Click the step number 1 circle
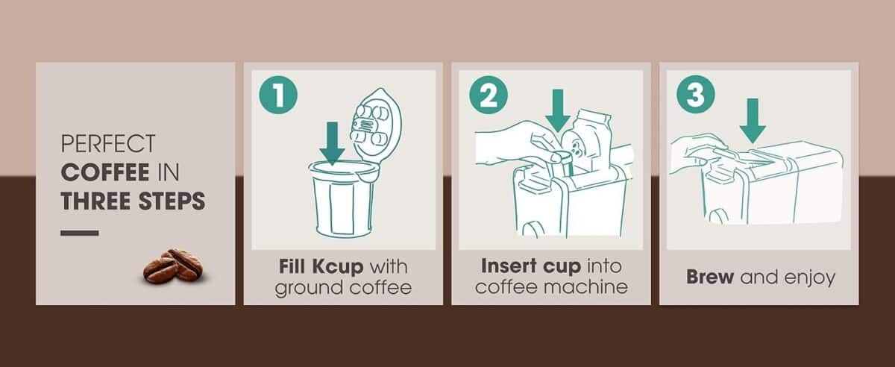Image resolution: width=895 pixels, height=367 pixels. (x=277, y=97)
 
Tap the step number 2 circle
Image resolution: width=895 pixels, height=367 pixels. (x=488, y=97)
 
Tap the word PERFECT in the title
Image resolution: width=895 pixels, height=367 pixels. (x=107, y=143)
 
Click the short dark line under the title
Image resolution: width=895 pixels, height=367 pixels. (x=79, y=233)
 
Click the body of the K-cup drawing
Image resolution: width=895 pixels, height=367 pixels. (x=343, y=205)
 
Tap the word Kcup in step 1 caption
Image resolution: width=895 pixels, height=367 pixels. (x=339, y=267)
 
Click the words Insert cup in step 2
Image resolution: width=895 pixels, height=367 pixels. (x=530, y=266)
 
